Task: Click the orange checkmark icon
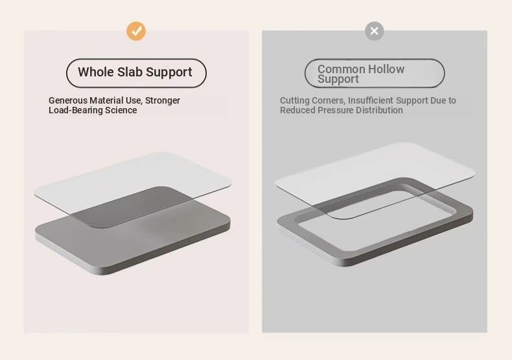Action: click(136, 31)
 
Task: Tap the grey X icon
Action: click(374, 31)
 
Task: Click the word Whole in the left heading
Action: click(96, 72)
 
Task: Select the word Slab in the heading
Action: click(130, 72)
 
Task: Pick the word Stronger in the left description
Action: click(163, 100)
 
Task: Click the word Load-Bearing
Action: click(75, 110)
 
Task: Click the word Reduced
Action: click(297, 110)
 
